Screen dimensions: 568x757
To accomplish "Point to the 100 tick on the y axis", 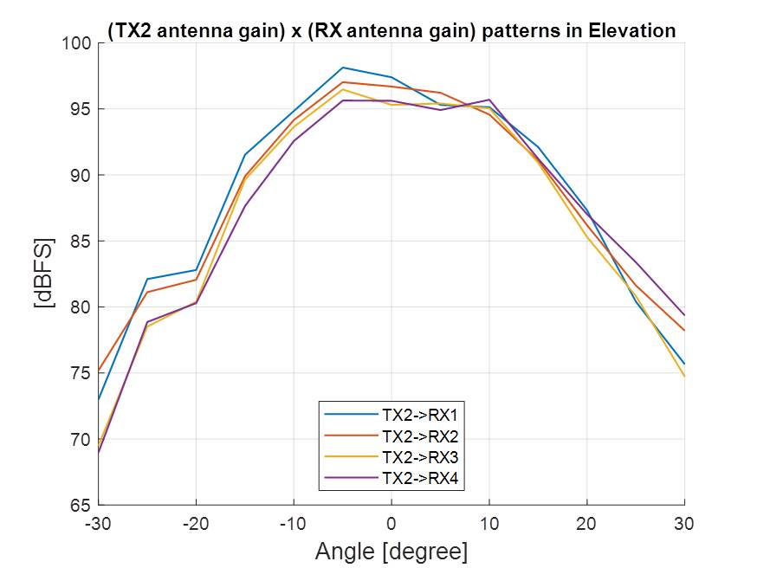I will pyautogui.click(x=78, y=43).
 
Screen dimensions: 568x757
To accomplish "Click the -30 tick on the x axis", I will pyautogui.click(x=98, y=523).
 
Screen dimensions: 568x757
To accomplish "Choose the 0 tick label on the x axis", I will pyautogui.click(x=391, y=523).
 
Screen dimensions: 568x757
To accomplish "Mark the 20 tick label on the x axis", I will pyautogui.click(x=587, y=523).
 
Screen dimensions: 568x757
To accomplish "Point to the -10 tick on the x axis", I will pyautogui.click(x=294, y=523).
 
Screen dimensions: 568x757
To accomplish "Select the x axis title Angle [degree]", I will pyautogui.click(x=391, y=552).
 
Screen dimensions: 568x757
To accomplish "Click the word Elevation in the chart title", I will pyautogui.click(x=631, y=30).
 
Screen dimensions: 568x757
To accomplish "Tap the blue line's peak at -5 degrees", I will pyautogui.click(x=343, y=68).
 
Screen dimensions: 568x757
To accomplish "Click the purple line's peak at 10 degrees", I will pyautogui.click(x=489, y=100).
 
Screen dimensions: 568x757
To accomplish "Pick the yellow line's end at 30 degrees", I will pyautogui.click(x=684, y=376).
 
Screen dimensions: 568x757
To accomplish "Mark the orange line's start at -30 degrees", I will pyautogui.click(x=99, y=371).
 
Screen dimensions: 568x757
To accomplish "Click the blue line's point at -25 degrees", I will pyautogui.click(x=147, y=279).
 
